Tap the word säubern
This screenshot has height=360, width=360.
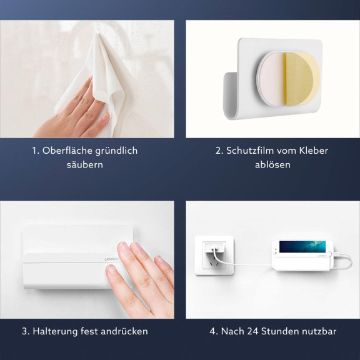(85, 165)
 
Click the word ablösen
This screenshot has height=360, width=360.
(272, 165)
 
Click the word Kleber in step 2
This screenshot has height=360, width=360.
(312, 151)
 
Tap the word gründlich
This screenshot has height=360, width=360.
(116, 151)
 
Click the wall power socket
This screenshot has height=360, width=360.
(214, 255)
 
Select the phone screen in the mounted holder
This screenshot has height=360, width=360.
(302, 247)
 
